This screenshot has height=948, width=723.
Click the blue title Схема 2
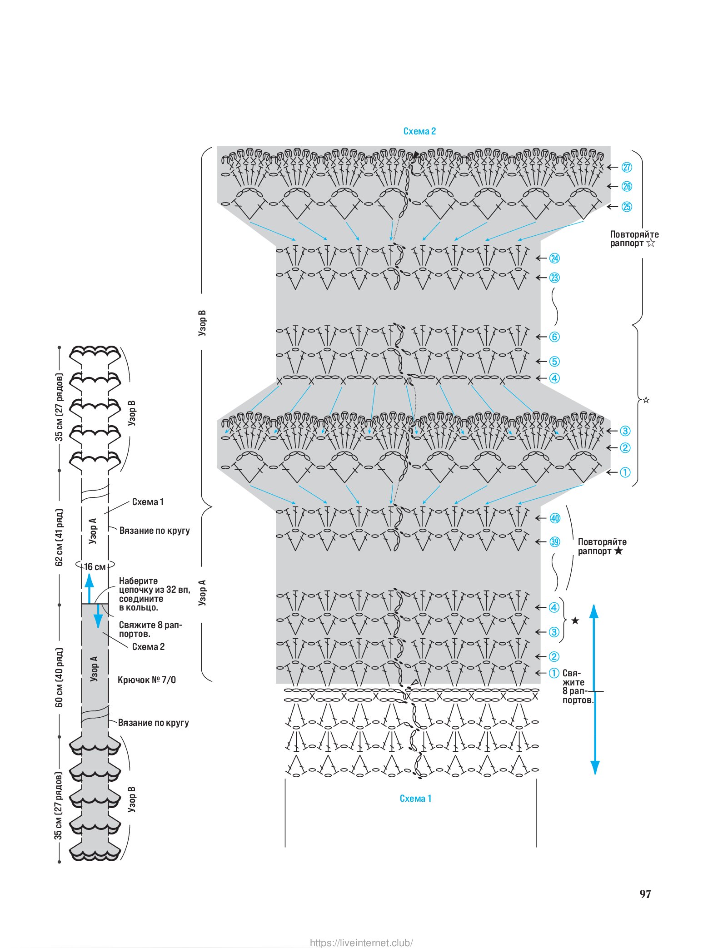click(x=419, y=131)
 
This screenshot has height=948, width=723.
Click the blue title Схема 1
click(x=415, y=798)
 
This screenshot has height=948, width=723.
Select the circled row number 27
click(x=627, y=167)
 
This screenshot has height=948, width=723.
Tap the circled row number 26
click(x=627, y=186)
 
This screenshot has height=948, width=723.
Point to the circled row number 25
click(x=627, y=207)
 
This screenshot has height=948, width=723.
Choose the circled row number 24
click(x=554, y=258)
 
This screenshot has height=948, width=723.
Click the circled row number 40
click(x=555, y=518)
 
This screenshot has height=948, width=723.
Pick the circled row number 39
click(x=555, y=542)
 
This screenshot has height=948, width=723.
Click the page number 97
click(x=645, y=894)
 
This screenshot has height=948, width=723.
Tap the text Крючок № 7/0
click(x=147, y=680)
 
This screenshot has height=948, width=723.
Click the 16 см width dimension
click(x=95, y=566)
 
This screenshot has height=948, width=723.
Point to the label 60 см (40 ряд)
click(x=59, y=677)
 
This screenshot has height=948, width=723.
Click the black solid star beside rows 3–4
click(x=575, y=620)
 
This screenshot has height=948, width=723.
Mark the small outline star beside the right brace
click(x=646, y=400)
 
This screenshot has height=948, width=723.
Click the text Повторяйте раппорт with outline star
click(x=633, y=239)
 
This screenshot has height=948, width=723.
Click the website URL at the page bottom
click(x=361, y=943)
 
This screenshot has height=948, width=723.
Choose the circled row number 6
click(x=554, y=337)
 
